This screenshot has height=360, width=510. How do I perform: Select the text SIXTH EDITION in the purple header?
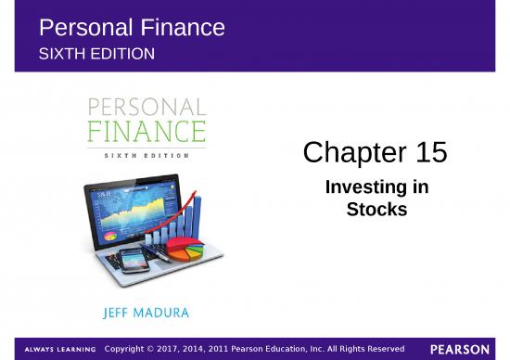tap(96, 54)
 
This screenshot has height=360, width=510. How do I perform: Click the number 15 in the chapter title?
tap(427, 152)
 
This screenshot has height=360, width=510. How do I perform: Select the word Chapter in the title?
tap(348, 152)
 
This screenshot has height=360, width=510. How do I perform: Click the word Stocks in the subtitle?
tap(376, 210)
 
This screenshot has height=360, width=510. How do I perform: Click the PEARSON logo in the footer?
tap(459, 349)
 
